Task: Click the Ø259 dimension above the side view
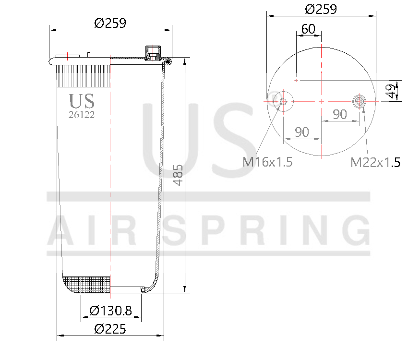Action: pos(110,23)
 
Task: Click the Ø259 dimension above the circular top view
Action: pos(321,9)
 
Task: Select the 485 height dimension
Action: pos(178,175)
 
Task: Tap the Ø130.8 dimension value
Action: pos(110,311)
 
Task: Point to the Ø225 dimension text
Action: pos(110,329)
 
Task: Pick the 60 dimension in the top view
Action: pos(308,29)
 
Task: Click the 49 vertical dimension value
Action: pos(393,91)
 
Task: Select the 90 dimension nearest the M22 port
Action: pos(340,114)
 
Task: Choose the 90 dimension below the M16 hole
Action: pos(301,132)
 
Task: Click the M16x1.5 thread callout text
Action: pos(267,162)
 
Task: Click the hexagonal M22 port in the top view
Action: pos(359,101)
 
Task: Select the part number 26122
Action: pos(82,115)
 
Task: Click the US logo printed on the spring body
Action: pos(82,101)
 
